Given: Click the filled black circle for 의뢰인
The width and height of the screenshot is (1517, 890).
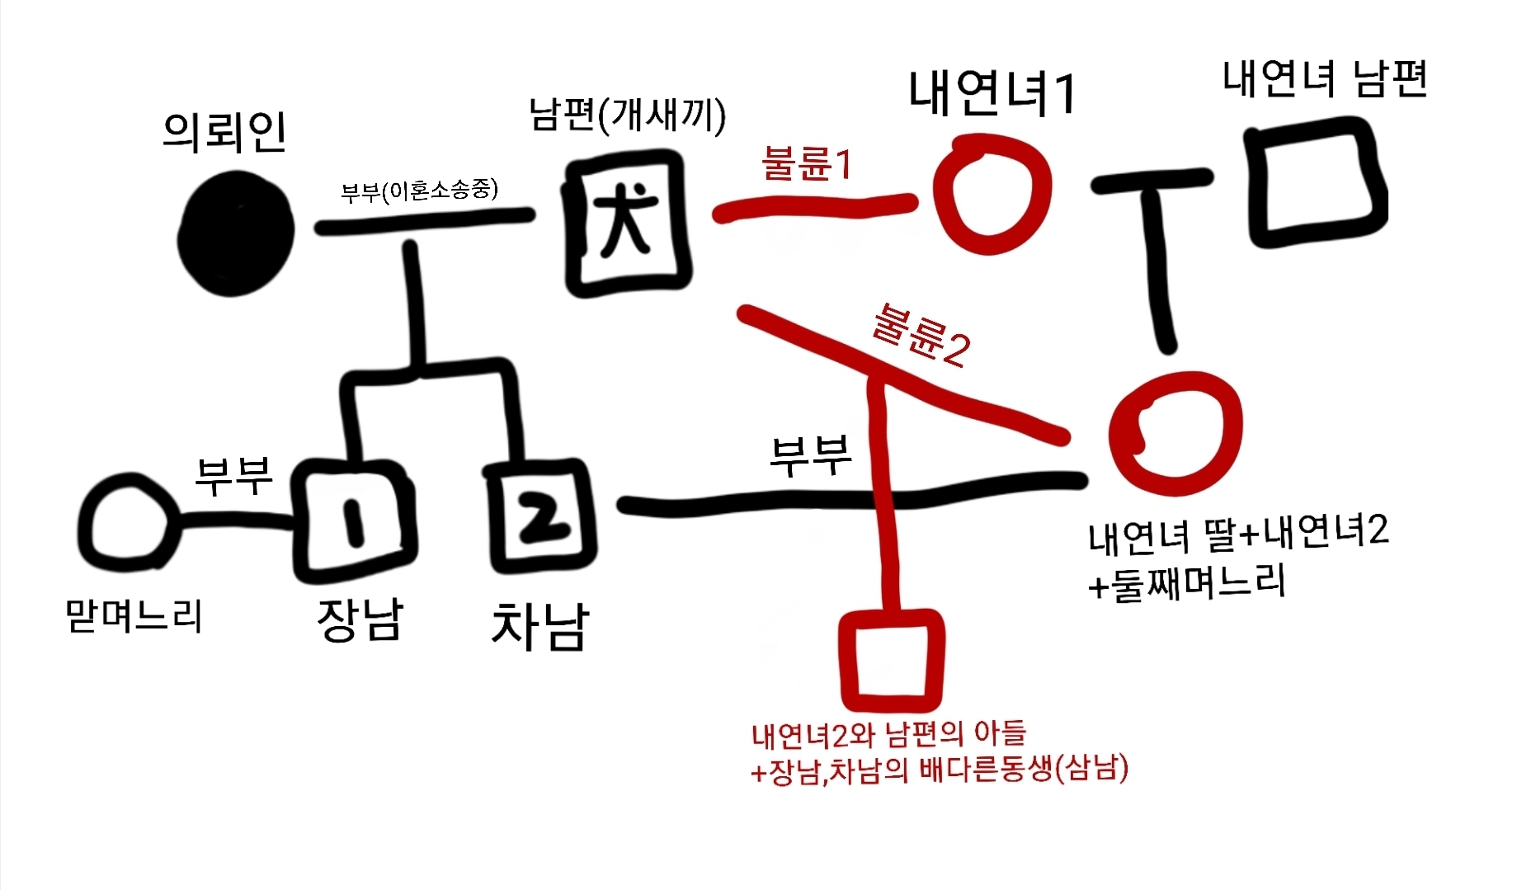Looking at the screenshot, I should point(237,233).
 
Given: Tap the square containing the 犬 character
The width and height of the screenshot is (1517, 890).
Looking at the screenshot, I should point(628,223).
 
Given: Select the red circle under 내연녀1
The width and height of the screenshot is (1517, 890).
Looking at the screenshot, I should point(992,195).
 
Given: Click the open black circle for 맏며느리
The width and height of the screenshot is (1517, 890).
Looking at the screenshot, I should point(128,521).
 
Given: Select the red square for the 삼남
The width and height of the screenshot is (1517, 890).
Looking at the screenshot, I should point(891,660).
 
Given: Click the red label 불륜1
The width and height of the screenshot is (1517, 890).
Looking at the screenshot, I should point(806,163).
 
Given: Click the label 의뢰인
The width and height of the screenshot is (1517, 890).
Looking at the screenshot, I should point(224,132).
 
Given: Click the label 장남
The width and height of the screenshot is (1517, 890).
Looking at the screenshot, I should point(360,619).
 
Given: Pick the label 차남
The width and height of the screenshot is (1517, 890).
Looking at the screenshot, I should point(540,627).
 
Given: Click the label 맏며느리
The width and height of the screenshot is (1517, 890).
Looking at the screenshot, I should point(134,615).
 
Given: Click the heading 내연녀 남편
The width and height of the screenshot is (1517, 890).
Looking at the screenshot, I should point(1324,80).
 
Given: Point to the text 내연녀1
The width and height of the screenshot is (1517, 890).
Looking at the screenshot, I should point(992,93).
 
